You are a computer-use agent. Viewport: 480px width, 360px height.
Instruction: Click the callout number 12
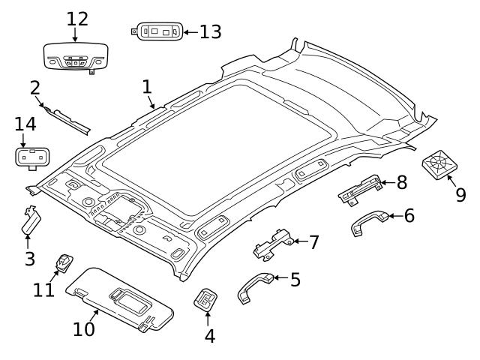(76, 18)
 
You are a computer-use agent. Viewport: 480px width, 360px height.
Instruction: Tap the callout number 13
(210, 31)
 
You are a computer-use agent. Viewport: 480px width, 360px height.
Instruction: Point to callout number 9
(460, 194)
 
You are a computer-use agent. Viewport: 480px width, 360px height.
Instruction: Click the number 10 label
(84, 328)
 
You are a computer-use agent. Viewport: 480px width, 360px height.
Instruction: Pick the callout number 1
(147, 87)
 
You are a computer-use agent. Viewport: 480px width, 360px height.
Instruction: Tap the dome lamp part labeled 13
(157, 32)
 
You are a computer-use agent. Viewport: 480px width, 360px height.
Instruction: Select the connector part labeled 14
(30, 157)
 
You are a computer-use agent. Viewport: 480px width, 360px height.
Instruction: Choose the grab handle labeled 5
(253, 286)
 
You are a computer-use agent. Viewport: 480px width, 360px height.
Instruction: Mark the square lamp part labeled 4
(205, 300)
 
